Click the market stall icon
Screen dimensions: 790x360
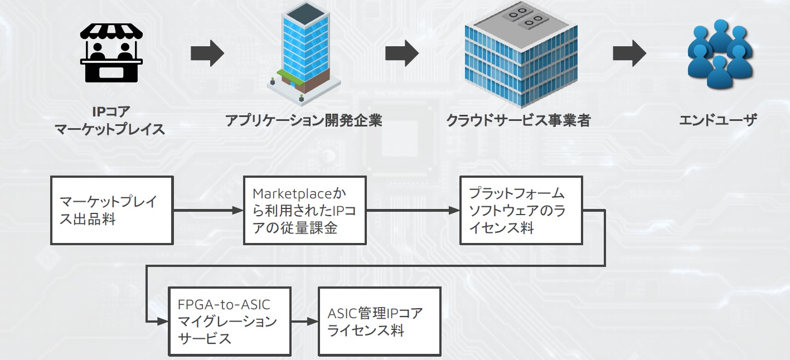[x=112, y=53]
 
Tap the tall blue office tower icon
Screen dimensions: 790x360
[x=304, y=53]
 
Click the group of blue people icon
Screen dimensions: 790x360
[x=720, y=53]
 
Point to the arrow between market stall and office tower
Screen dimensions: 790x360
[x=207, y=53]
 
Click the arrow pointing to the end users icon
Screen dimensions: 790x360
[x=629, y=53]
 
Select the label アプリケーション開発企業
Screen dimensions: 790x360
[x=304, y=120]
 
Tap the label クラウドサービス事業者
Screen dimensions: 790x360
[x=518, y=120]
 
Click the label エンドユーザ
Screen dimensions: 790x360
[x=718, y=120]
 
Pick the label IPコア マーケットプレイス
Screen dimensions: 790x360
[x=110, y=120]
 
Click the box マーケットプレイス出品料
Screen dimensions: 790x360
[x=112, y=210]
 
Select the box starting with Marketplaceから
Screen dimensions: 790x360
[x=305, y=210]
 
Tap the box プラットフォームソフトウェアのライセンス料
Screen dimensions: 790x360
[x=521, y=210]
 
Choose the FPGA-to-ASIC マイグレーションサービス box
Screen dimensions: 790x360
[x=230, y=321]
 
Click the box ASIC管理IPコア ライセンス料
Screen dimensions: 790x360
[x=380, y=321]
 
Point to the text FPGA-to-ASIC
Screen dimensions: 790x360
[x=224, y=304]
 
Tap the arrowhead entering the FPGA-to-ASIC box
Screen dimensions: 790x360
[x=162, y=321]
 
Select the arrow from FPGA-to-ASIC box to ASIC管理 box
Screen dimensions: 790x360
[x=305, y=321]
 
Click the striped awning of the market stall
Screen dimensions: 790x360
[x=112, y=31]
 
